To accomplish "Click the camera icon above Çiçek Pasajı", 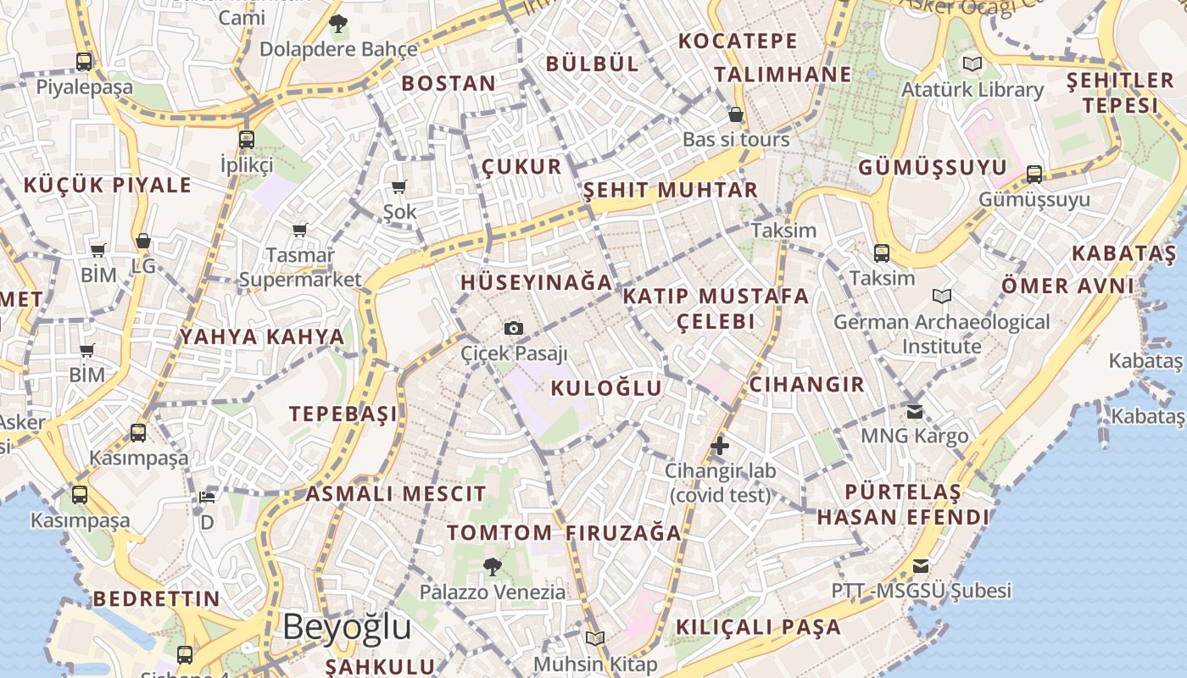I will pyautogui.click(x=513, y=328).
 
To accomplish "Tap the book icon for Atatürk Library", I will pyautogui.click(x=972, y=64).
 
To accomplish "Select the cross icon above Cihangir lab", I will pyautogui.click(x=720, y=445).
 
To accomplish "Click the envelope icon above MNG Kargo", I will pyautogui.click(x=915, y=412).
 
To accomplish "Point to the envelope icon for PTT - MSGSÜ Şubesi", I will pyautogui.click(x=921, y=566).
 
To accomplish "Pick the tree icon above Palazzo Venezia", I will pyautogui.click(x=492, y=566).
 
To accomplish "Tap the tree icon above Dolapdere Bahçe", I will pyautogui.click(x=338, y=24).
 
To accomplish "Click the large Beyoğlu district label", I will pyautogui.click(x=347, y=628).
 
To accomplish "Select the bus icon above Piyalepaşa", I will pyautogui.click(x=84, y=61).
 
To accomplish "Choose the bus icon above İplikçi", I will pyautogui.click(x=246, y=139).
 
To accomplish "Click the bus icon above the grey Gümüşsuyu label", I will pyautogui.click(x=1034, y=175).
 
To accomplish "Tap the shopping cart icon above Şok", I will pyautogui.click(x=399, y=186).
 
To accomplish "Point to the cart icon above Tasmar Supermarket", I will pyautogui.click(x=299, y=230).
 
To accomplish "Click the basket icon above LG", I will pyautogui.click(x=143, y=242).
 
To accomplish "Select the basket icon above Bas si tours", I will pyautogui.click(x=736, y=114).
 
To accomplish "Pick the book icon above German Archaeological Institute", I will pyautogui.click(x=941, y=297).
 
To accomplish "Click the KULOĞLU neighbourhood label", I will pyautogui.click(x=606, y=388).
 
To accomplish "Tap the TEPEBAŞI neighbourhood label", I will pyautogui.click(x=343, y=414).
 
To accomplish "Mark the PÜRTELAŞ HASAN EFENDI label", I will pyautogui.click(x=903, y=504).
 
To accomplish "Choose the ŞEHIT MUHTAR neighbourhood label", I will pyautogui.click(x=670, y=190).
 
